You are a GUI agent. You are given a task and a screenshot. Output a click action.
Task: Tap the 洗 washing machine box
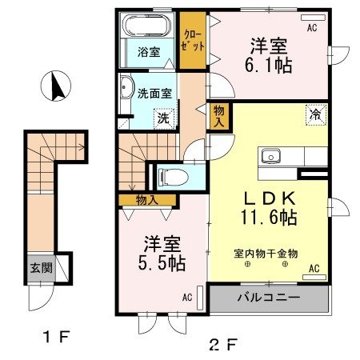(162, 118)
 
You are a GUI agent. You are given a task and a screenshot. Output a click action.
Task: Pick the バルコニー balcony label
(268, 298)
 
